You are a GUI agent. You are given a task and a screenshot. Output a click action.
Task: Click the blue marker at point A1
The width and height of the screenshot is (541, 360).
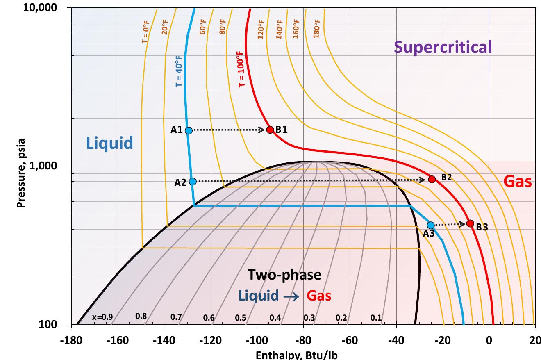189,130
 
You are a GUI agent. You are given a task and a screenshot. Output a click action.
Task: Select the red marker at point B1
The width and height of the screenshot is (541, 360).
270,130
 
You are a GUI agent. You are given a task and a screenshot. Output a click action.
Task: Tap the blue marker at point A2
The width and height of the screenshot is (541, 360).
193,182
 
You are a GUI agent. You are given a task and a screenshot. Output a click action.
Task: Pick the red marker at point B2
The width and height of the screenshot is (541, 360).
432,179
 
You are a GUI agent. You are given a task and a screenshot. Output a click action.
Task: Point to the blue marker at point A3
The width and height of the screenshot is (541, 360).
430,225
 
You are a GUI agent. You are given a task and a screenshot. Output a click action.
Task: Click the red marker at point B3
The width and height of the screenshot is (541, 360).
470,223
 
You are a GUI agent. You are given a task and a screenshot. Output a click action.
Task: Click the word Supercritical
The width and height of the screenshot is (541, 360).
443,47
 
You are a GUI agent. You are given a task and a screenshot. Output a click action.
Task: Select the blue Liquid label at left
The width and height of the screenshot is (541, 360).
109,143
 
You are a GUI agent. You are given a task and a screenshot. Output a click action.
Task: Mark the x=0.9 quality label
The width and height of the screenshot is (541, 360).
102,317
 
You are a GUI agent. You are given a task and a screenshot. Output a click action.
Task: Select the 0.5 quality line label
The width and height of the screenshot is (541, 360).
241,317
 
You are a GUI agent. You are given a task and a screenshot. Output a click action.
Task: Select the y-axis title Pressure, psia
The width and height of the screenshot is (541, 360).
21,173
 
